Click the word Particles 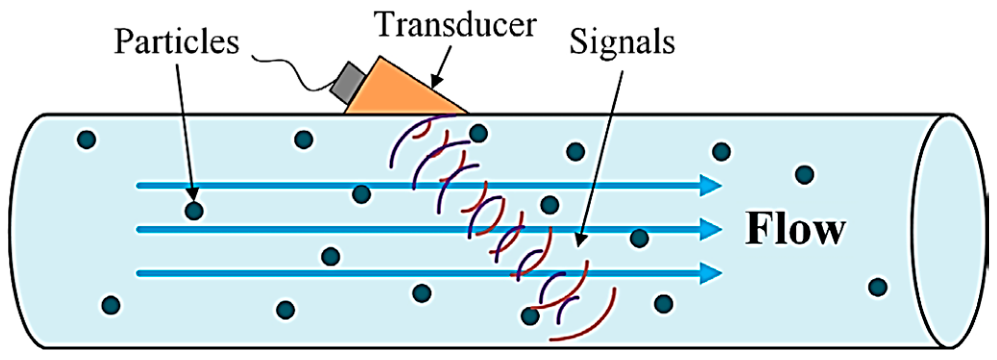coord(176,42)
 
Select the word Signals coord(622,42)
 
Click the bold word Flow coord(795,229)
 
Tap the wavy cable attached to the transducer coord(288,67)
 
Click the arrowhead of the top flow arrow coord(710,185)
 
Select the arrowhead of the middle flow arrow coord(710,229)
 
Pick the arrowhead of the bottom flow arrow coord(710,273)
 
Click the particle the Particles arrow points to coord(194,210)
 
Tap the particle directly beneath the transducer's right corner coord(478,133)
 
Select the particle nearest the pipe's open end coord(877,287)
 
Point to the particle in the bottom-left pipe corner coord(111,304)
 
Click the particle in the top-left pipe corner coord(86,139)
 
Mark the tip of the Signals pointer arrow coord(578,246)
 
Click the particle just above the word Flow coord(805,174)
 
